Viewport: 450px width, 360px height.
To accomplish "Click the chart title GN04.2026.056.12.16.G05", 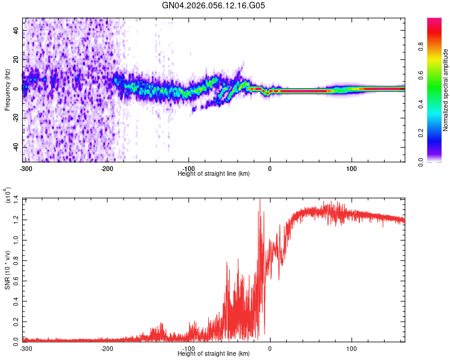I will click(x=214, y=5).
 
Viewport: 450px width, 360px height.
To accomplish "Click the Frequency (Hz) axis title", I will click(x=7, y=90).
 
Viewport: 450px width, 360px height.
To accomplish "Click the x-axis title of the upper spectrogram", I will click(x=214, y=173).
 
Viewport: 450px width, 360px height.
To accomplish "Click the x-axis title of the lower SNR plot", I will click(x=214, y=353).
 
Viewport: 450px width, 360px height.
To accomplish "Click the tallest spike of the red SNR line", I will click(x=260, y=200).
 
